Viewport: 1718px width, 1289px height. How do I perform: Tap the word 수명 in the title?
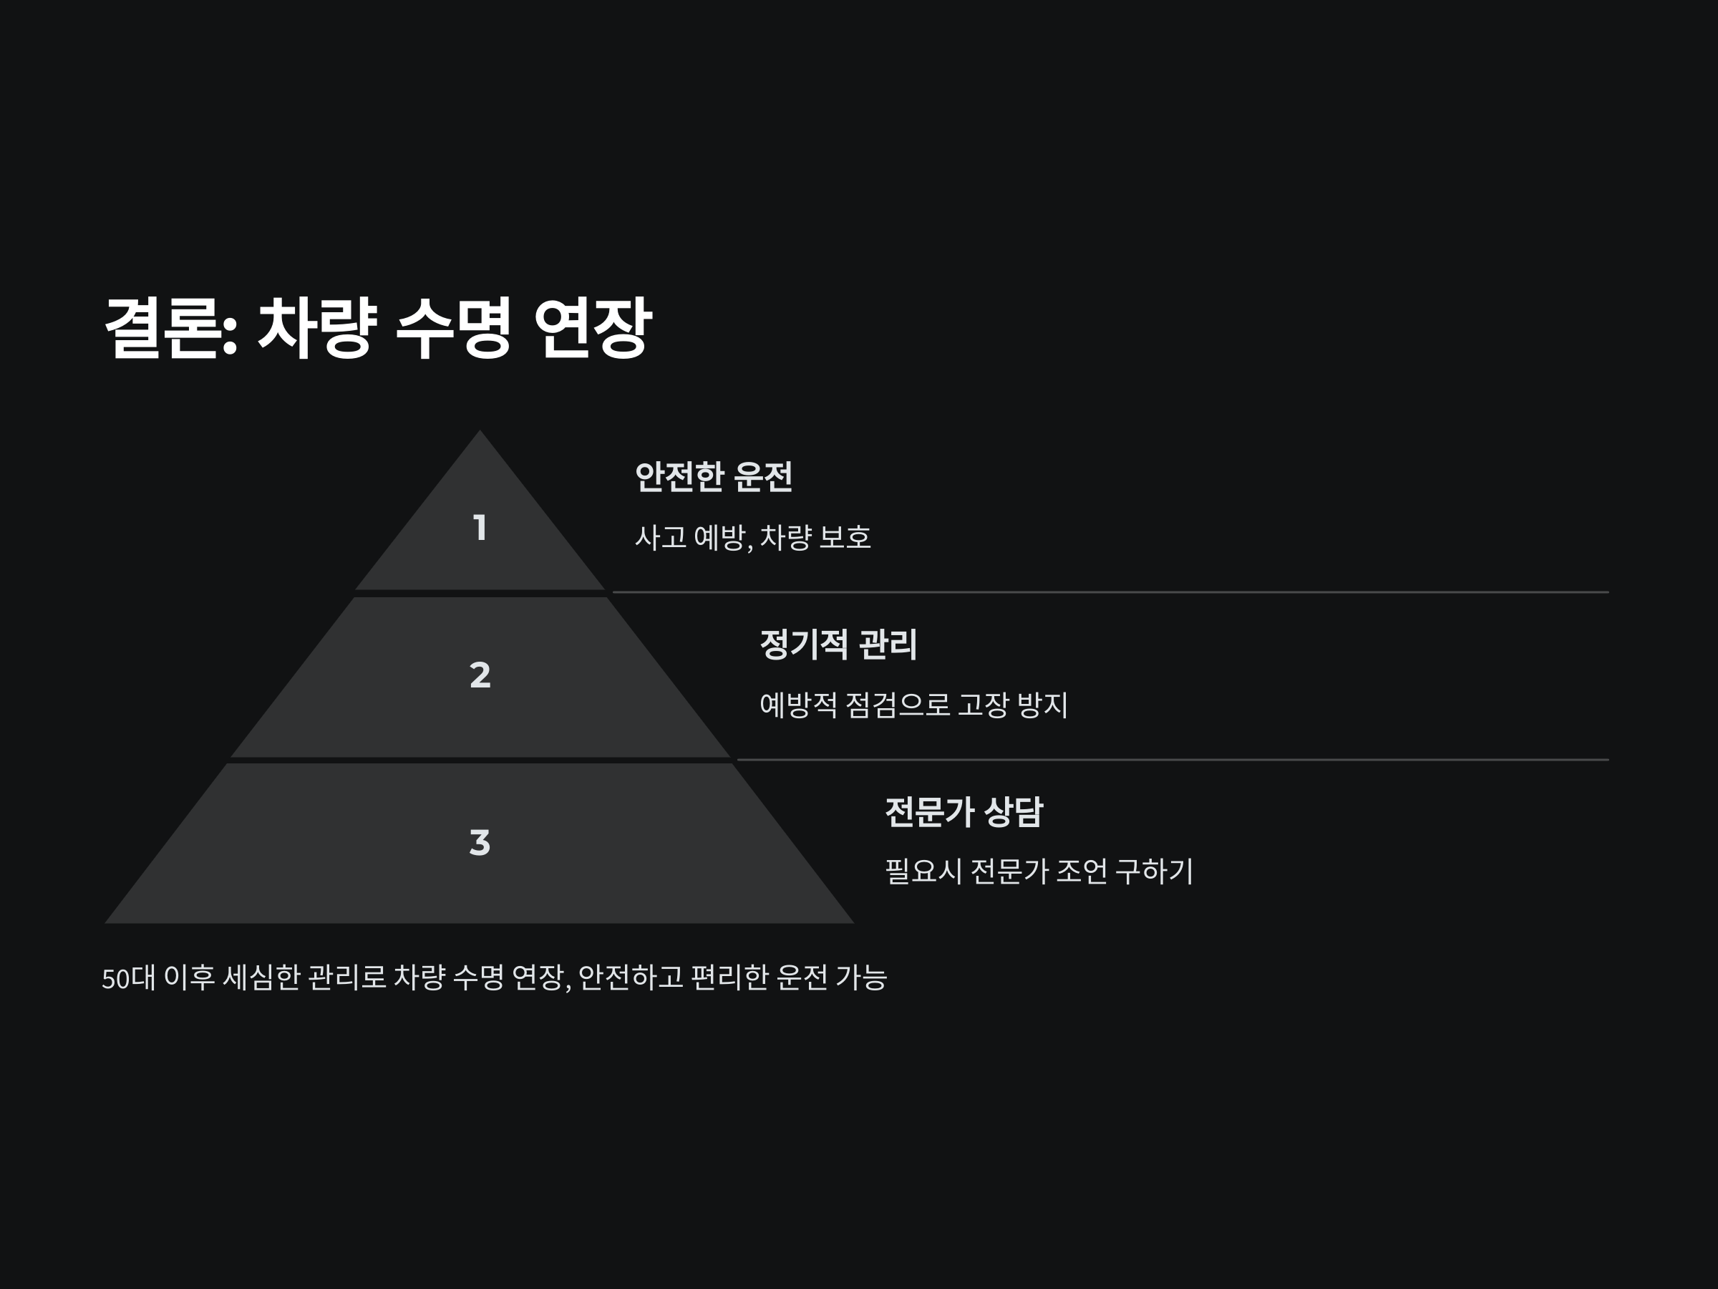[454, 328]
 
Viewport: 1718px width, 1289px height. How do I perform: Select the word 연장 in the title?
[593, 328]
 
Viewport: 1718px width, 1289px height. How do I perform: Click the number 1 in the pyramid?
[480, 528]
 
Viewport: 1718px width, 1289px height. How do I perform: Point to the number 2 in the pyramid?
[480, 675]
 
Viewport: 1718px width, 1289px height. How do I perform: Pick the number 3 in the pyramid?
[480, 842]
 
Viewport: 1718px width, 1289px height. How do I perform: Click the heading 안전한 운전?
[713, 477]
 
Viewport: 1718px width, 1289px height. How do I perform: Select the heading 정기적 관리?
[838, 644]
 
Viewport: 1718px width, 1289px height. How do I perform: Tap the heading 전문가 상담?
[963, 812]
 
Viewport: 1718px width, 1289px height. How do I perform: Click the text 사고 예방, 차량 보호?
[752, 537]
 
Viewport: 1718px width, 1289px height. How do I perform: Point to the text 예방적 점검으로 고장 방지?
[913, 705]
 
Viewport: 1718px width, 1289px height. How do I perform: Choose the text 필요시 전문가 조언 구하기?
[1039, 871]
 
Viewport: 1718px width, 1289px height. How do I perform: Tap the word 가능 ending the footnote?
[860, 977]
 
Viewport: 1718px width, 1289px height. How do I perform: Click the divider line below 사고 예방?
[1111, 592]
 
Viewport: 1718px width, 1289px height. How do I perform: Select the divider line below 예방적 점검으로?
[1173, 759]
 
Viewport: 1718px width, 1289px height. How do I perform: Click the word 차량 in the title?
[317, 328]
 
